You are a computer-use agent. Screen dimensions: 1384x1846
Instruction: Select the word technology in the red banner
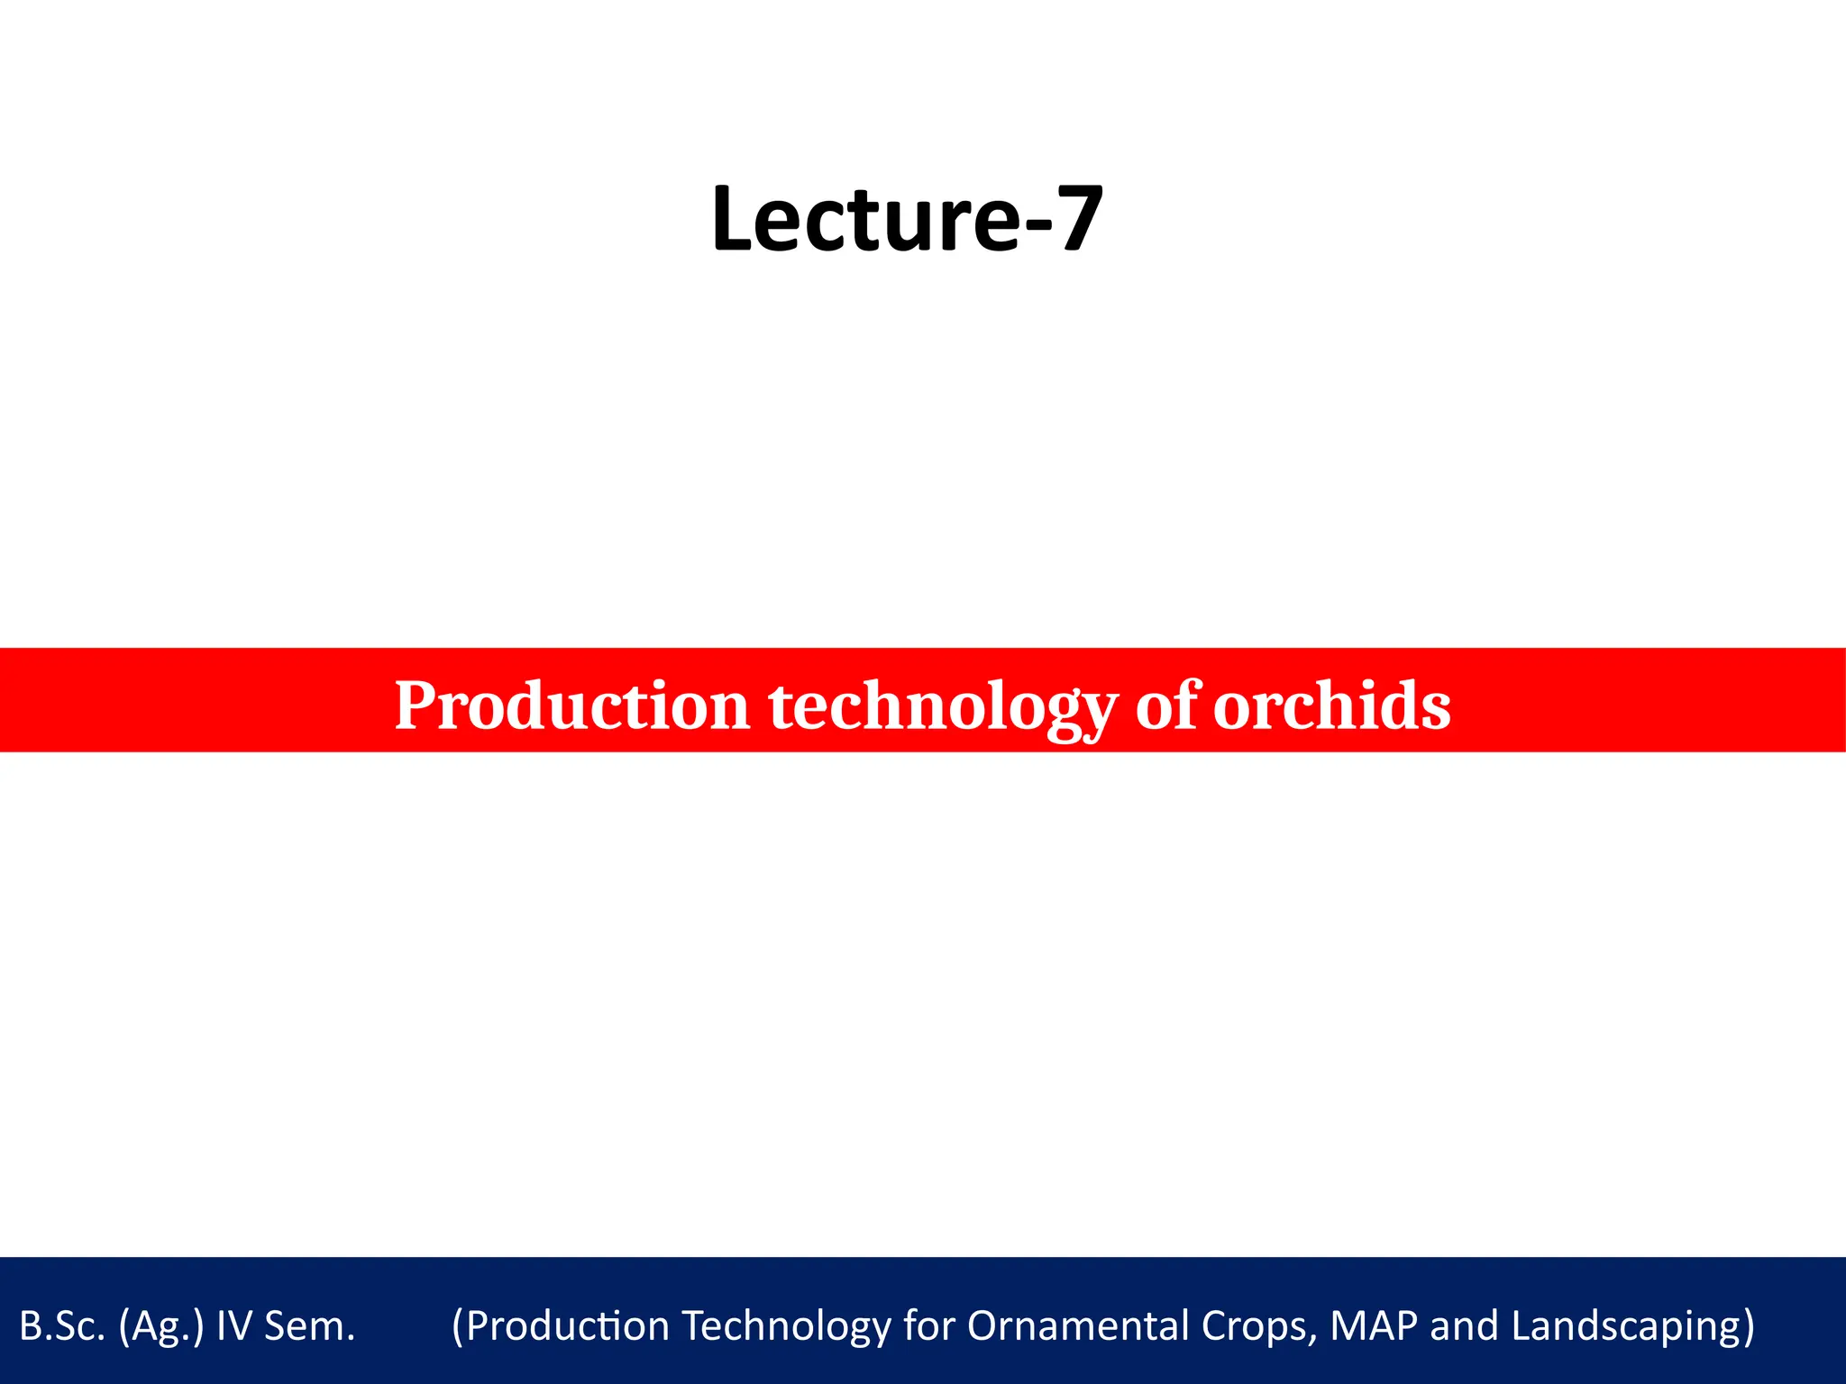click(942, 706)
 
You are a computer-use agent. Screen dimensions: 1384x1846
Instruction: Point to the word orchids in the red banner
click(1331, 706)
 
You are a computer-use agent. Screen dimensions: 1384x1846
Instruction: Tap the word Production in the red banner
click(571, 706)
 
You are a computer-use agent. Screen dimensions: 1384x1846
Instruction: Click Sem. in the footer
click(310, 1326)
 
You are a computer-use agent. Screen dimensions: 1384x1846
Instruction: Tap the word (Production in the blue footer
click(559, 1326)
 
